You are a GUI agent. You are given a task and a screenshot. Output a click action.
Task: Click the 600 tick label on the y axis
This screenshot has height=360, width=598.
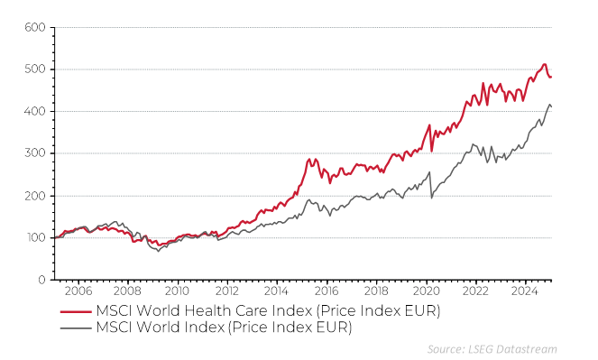(x=34, y=27)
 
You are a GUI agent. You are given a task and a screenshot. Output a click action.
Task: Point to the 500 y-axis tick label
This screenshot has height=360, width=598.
(x=34, y=69)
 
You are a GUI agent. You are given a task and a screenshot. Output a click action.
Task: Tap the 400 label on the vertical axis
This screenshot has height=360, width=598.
(x=34, y=112)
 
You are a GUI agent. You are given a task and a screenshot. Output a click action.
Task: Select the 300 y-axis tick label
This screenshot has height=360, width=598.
(x=34, y=153)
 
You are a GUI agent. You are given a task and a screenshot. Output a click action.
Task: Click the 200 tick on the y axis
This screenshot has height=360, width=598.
(x=34, y=196)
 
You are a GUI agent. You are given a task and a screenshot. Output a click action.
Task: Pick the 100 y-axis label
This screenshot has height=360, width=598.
(x=34, y=238)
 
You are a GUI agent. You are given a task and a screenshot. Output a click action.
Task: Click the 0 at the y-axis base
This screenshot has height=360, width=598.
(x=42, y=280)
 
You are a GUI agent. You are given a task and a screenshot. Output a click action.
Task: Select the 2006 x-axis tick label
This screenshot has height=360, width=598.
(x=78, y=292)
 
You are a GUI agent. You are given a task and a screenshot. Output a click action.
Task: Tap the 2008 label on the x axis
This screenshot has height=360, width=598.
(x=127, y=292)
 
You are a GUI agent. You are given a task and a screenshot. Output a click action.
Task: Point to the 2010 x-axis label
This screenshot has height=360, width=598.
(x=177, y=292)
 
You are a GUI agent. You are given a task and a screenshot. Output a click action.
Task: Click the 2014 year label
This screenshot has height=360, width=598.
(x=276, y=292)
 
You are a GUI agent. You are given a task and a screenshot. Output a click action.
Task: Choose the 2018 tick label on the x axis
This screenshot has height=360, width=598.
(x=376, y=292)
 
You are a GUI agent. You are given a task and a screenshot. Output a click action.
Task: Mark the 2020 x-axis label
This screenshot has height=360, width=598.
(x=426, y=292)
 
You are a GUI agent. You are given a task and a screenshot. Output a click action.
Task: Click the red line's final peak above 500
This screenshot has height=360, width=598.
(x=545, y=64)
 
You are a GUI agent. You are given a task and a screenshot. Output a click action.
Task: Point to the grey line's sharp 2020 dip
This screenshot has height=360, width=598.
(x=431, y=198)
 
